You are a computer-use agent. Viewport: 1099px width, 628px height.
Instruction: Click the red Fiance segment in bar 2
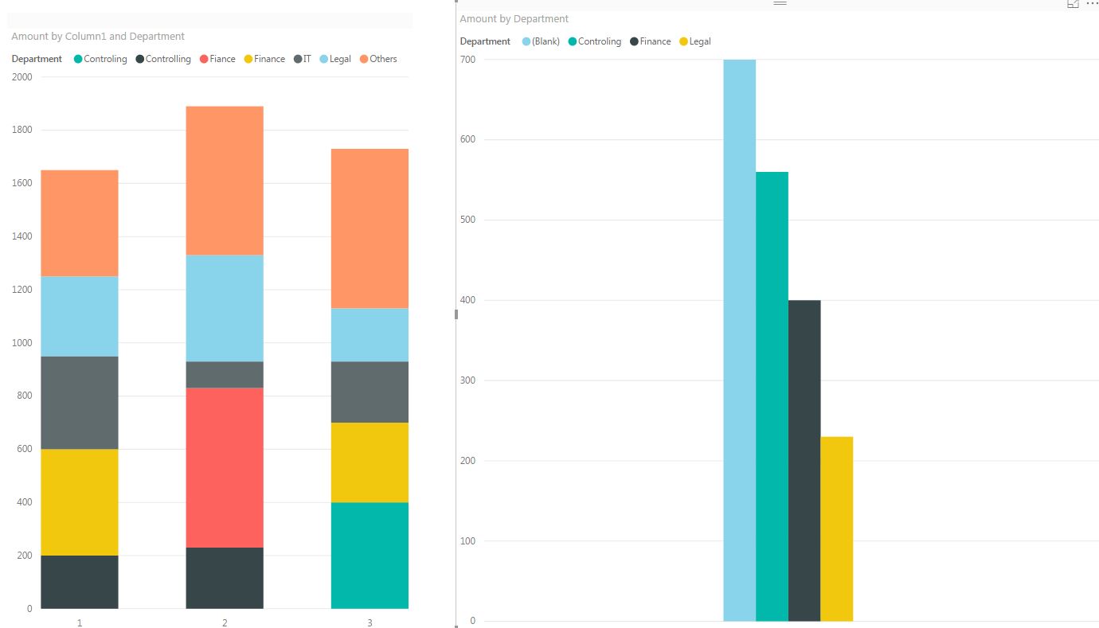pos(225,467)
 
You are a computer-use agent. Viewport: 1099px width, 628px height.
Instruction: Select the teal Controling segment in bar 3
pos(370,555)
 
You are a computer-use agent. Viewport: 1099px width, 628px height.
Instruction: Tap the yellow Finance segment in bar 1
pos(80,501)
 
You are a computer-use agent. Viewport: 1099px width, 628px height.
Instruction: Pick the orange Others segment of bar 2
pos(225,180)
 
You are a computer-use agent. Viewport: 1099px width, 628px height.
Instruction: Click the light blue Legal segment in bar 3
pos(370,334)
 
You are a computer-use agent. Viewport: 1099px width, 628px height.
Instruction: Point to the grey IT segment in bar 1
pos(80,402)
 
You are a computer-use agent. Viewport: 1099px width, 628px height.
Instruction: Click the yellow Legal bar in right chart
pos(836,529)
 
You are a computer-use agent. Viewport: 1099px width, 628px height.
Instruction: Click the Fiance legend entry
pos(217,59)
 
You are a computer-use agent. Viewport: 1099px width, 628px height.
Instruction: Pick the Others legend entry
pos(378,59)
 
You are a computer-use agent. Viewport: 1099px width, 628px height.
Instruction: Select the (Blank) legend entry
pos(541,41)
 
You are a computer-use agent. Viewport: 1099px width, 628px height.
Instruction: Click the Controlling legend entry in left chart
pos(163,59)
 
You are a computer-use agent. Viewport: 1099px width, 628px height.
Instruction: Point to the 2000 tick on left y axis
pos(22,77)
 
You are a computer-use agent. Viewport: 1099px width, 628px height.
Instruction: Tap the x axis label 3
pos(370,622)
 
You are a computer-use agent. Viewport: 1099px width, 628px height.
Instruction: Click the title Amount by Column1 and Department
pos(98,36)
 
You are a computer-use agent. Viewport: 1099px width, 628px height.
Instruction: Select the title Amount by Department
pos(514,18)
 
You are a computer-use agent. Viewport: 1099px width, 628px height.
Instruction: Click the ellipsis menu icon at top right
pos(1092,4)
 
